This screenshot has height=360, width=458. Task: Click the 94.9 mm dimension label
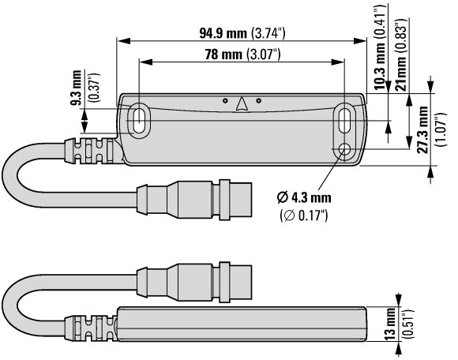point(223,33)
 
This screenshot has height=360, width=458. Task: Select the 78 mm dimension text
point(223,54)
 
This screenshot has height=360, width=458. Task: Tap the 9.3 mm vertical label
point(77,88)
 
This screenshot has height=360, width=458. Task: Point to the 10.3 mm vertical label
point(379,66)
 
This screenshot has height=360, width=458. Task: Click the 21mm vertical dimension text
point(400,73)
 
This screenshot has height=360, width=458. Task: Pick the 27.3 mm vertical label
point(422,129)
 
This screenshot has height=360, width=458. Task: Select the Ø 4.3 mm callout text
point(304,198)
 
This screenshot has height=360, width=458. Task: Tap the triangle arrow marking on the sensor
point(242,104)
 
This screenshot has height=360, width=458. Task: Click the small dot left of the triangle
point(225,101)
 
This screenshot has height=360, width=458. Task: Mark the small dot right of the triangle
point(258,101)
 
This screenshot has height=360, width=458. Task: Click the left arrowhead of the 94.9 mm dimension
point(123,41)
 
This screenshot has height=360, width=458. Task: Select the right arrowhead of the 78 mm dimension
point(338,62)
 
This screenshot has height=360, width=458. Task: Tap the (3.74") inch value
point(268,34)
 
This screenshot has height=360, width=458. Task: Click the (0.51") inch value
point(408,324)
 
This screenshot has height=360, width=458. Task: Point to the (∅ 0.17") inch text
point(304,216)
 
